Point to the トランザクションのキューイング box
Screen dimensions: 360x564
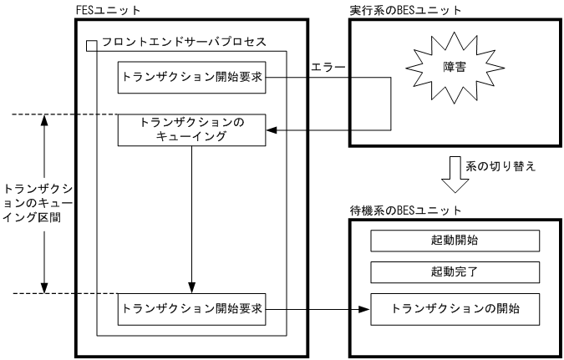click(192, 129)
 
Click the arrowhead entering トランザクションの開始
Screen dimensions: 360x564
click(364, 309)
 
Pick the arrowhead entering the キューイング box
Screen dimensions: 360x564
click(272, 129)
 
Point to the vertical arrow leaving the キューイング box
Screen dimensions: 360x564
click(192, 217)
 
